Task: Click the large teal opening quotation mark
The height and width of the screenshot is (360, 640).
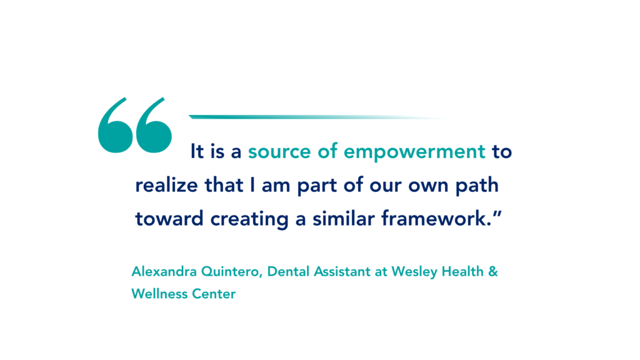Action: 135,125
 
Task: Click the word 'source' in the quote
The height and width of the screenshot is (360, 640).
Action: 279,152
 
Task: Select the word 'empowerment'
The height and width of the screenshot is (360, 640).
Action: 415,152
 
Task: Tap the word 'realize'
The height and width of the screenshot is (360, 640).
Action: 166,185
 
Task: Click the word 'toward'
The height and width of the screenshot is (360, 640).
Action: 169,219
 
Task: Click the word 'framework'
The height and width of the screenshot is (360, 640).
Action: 434,219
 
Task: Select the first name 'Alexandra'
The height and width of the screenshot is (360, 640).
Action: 164,271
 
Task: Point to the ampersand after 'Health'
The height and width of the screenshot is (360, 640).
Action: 493,271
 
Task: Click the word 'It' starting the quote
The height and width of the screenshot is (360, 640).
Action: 197,152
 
